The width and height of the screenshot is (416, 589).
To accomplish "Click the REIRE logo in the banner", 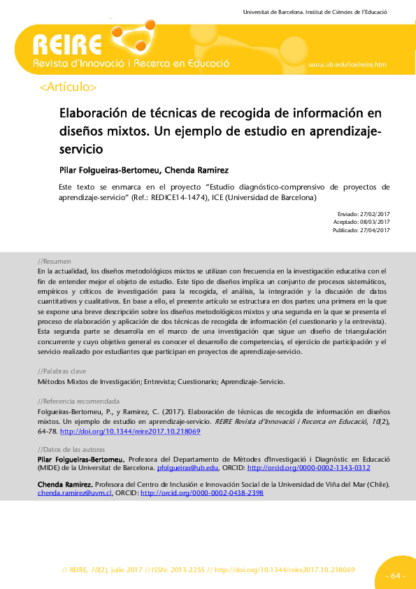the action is pos(67,46).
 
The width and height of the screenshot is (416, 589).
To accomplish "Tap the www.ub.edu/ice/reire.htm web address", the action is pos(347,64).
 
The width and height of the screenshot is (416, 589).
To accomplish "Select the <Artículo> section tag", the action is pos(69,87).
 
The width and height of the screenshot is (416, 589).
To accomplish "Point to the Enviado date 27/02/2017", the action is pos(374,213).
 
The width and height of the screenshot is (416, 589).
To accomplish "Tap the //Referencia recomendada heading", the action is pos(78,402).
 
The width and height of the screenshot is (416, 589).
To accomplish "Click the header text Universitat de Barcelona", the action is pos(273,13).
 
